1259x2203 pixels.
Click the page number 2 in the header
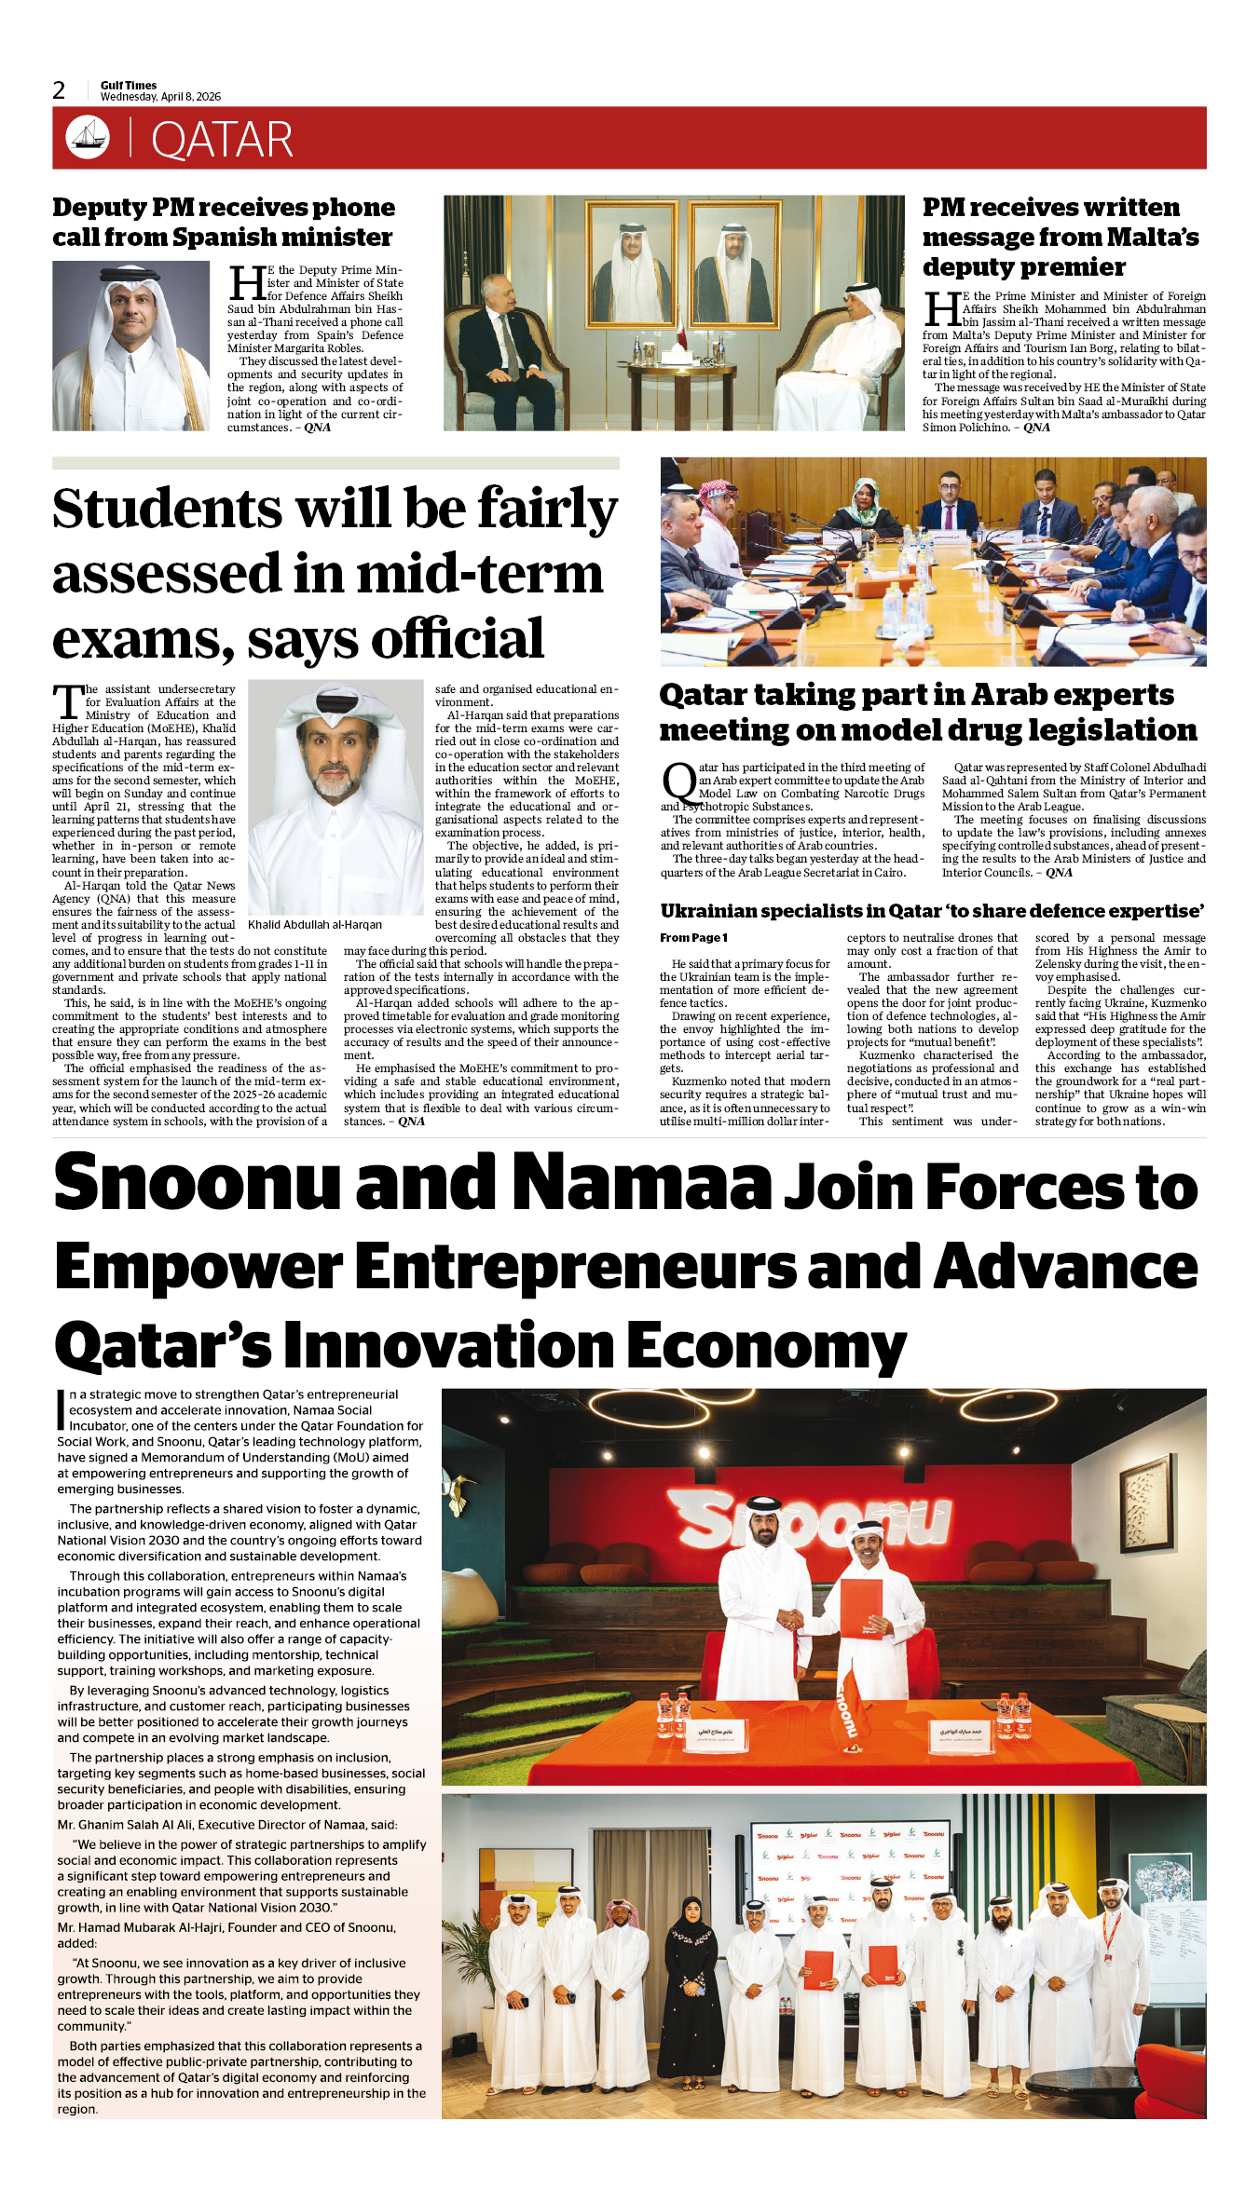click(60, 90)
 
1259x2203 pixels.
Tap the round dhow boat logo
click(88, 138)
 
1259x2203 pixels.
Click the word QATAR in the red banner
click(222, 141)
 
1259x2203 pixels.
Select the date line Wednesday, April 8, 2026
click(160, 97)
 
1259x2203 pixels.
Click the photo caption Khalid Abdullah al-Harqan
click(315, 924)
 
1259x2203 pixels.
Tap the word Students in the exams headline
click(167, 510)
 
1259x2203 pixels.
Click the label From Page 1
click(693, 938)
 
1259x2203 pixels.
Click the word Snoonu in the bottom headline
click(198, 1183)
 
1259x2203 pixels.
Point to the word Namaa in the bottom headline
click(642, 1183)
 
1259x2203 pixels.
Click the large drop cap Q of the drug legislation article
click(678, 782)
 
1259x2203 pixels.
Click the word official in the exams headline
click(457, 640)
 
